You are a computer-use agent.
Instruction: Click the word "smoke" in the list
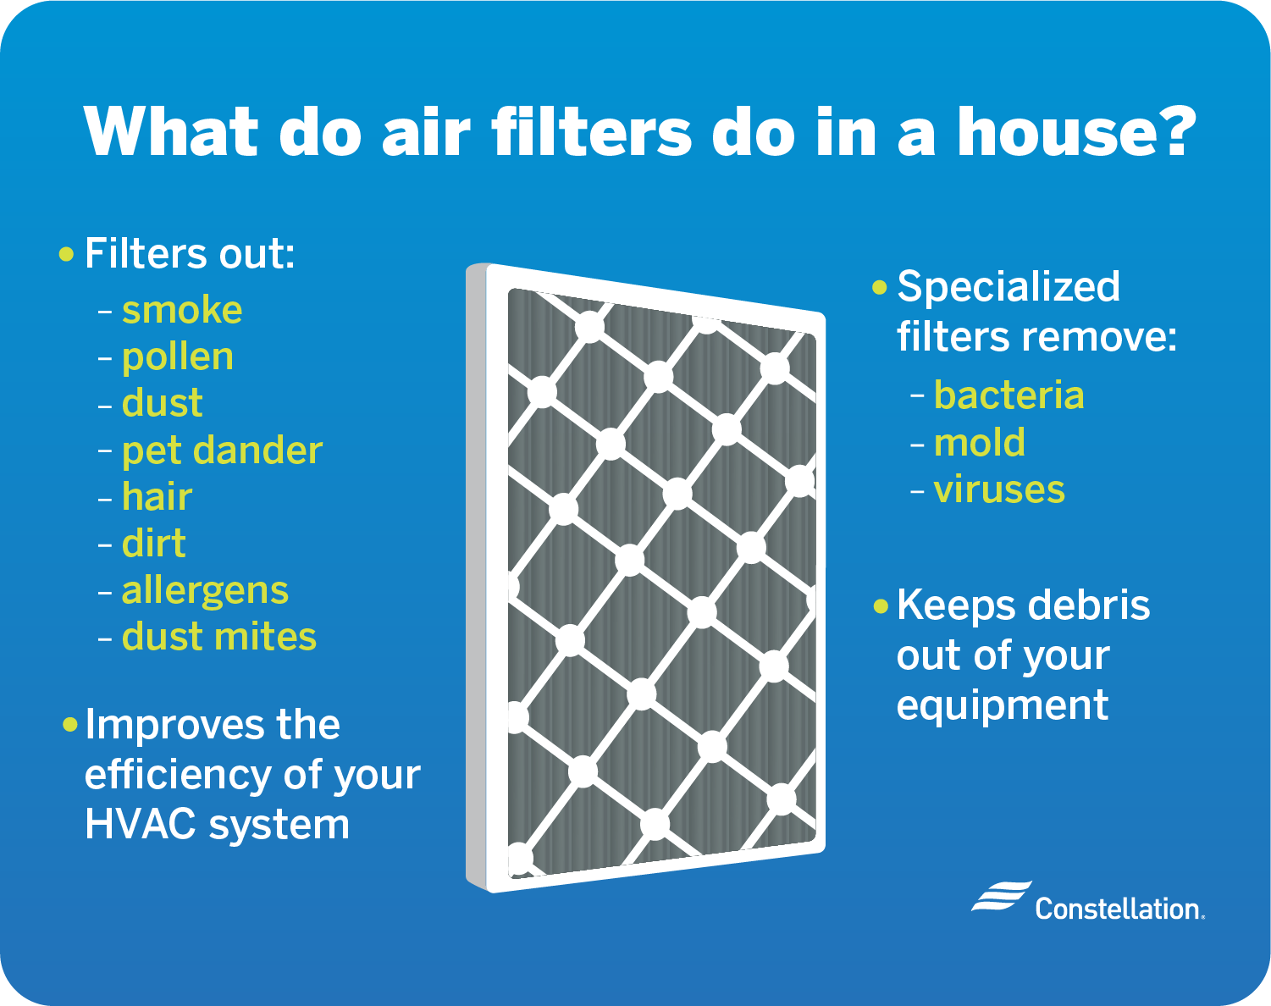click(182, 310)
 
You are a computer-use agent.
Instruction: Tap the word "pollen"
click(178, 358)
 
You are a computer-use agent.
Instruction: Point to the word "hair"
click(157, 496)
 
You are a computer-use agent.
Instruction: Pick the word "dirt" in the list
click(153, 543)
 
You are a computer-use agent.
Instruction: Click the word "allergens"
click(205, 591)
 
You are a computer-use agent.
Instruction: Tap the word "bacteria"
click(1009, 395)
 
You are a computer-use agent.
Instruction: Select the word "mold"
click(979, 442)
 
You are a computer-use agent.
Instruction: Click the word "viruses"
click(999, 489)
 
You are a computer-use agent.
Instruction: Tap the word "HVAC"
click(140, 823)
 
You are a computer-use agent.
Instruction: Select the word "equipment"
click(1003, 706)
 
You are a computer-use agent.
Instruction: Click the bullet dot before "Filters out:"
click(67, 255)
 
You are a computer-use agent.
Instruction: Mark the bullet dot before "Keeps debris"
click(881, 606)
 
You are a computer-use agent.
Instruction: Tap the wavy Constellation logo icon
click(1001, 897)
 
